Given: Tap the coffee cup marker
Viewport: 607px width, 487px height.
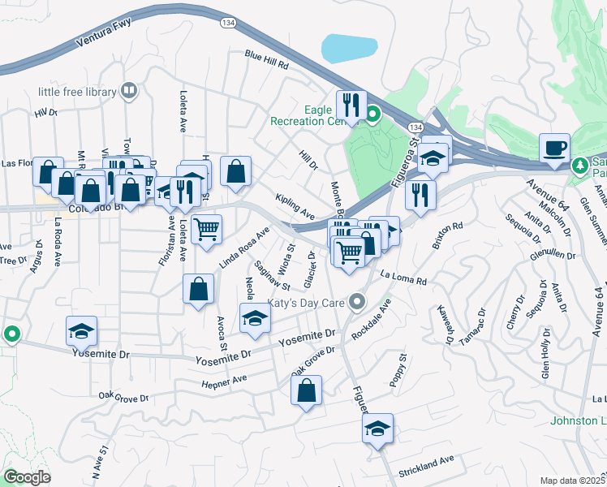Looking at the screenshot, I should click(x=555, y=149).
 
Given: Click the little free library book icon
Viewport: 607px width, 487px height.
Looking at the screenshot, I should click(x=129, y=91).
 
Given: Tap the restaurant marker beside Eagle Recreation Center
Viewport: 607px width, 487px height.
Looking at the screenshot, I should click(x=351, y=106).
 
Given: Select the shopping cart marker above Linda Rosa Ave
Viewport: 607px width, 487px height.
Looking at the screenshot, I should click(x=207, y=231).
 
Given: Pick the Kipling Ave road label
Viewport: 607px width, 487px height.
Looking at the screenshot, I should click(x=295, y=206).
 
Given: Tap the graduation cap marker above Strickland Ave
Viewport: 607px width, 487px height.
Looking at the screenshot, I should click(x=377, y=429).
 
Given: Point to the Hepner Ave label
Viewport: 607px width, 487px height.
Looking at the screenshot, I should click(x=223, y=380).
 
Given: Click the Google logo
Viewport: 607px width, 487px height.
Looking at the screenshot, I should click(x=27, y=476).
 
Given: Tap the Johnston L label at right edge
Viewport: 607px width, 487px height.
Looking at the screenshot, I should click(x=578, y=420).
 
